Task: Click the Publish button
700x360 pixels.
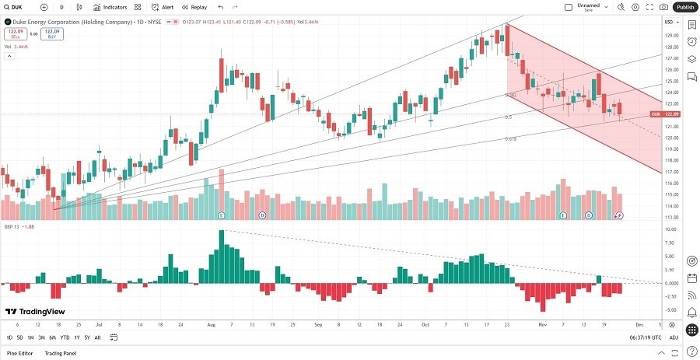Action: pos(684,7)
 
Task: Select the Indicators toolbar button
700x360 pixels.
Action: pos(110,7)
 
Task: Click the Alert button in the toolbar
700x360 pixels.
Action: pos(163,7)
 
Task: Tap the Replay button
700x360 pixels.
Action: pos(195,7)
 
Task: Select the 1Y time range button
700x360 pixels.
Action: pos(76,337)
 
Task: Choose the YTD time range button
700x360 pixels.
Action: pos(65,337)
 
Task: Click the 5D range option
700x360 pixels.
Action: pos(19,337)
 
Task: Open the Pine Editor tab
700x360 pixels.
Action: pos(19,353)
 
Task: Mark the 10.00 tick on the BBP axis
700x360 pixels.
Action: pos(668,230)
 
